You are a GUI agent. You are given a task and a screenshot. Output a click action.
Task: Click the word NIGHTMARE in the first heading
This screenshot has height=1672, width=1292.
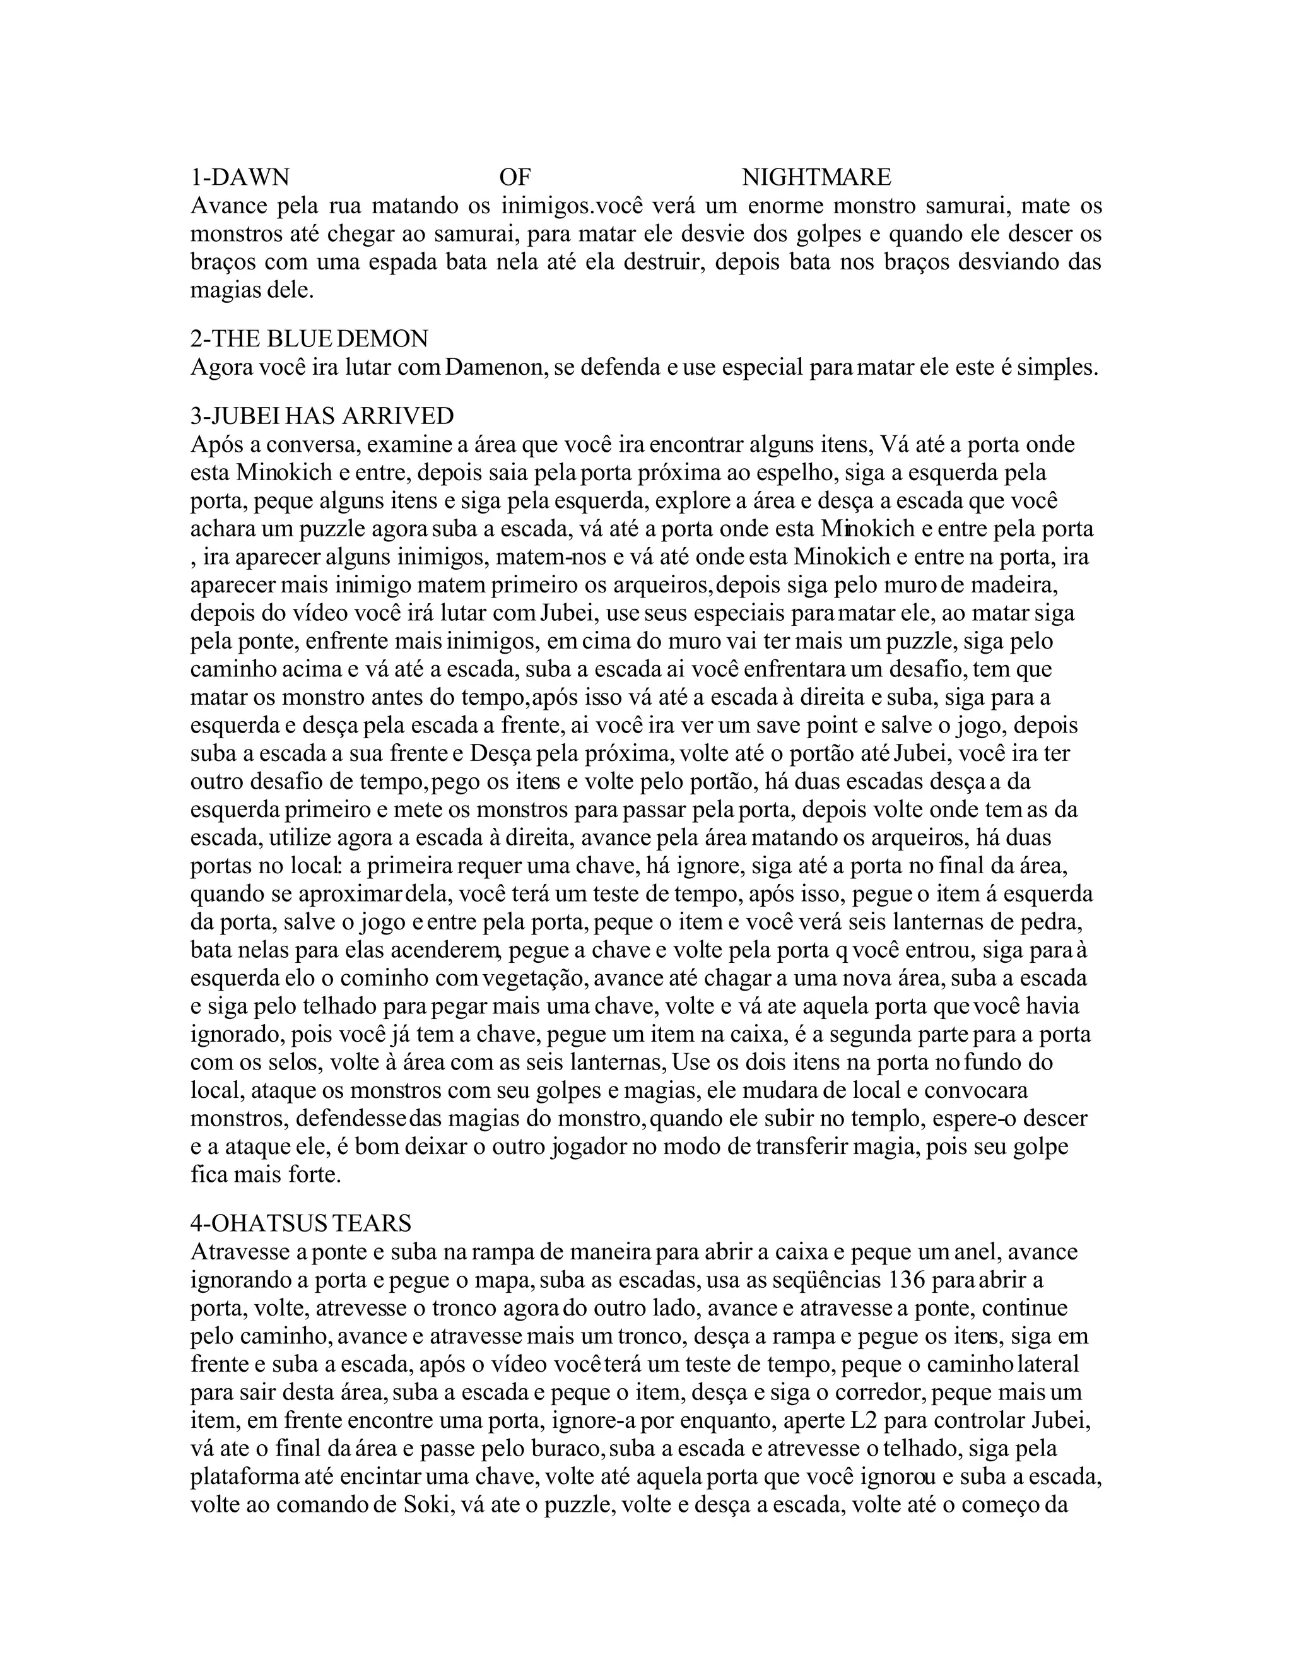(816, 178)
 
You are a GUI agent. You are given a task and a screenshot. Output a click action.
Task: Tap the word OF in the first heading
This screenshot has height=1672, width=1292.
(514, 178)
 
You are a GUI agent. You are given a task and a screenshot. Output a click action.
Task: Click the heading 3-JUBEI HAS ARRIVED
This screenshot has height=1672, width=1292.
(322, 416)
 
